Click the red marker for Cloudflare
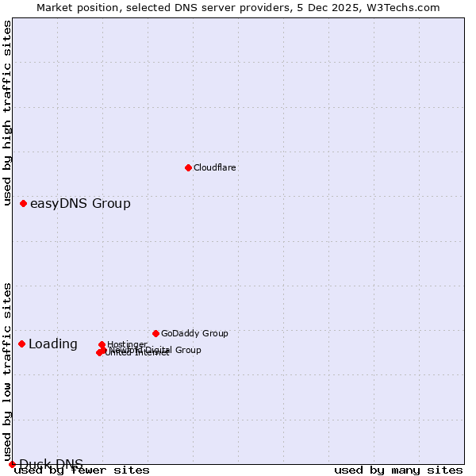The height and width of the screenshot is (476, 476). coord(188,167)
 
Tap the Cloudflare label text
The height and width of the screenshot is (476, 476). coord(215,167)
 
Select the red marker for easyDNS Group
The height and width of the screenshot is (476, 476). coord(24,204)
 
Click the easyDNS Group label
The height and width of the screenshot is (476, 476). coord(80,204)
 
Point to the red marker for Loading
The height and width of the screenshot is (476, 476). coord(22,344)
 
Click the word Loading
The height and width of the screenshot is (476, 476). coord(53,344)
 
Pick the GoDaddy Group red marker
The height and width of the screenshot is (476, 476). coord(155,333)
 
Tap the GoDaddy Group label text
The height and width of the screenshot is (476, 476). coord(194,333)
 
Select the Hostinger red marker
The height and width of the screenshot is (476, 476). coord(102,345)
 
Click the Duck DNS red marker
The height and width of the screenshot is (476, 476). coord(12,464)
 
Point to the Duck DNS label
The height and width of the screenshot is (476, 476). coord(51,464)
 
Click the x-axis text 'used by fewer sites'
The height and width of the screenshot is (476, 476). coord(83,470)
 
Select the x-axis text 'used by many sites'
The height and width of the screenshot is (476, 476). coord(398,470)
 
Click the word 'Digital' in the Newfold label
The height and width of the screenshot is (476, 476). coord(156,350)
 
